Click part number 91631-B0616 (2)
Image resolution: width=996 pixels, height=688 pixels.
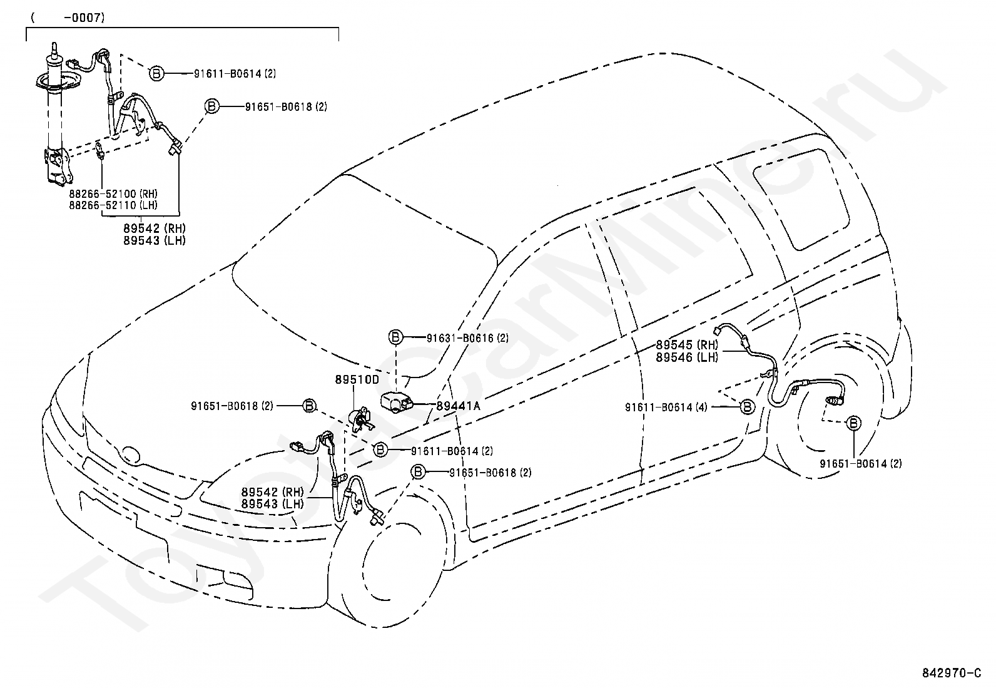pyautogui.click(x=467, y=338)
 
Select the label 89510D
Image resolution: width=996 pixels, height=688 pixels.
pyautogui.click(x=357, y=379)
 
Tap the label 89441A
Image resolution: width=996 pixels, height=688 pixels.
pyautogui.click(x=458, y=406)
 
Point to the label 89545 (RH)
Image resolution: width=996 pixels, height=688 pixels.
pyautogui.click(x=687, y=345)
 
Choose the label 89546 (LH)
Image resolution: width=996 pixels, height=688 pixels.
pyautogui.click(x=687, y=357)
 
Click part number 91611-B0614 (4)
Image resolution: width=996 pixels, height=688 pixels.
pyautogui.click(x=666, y=407)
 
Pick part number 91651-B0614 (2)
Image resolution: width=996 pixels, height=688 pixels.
pyautogui.click(x=860, y=464)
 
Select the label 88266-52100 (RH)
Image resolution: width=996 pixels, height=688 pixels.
pyautogui.click(x=113, y=193)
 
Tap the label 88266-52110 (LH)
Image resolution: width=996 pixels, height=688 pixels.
pyautogui.click(x=113, y=205)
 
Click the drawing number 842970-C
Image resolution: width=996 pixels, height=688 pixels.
pyautogui.click(x=952, y=673)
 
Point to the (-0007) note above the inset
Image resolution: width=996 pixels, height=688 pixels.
pyautogui.click(x=68, y=18)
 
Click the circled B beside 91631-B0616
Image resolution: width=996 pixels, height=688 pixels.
pyautogui.click(x=395, y=337)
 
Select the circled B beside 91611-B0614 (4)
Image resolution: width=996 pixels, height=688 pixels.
pyautogui.click(x=748, y=406)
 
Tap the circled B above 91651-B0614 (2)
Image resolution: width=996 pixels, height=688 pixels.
pyautogui.click(x=853, y=423)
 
